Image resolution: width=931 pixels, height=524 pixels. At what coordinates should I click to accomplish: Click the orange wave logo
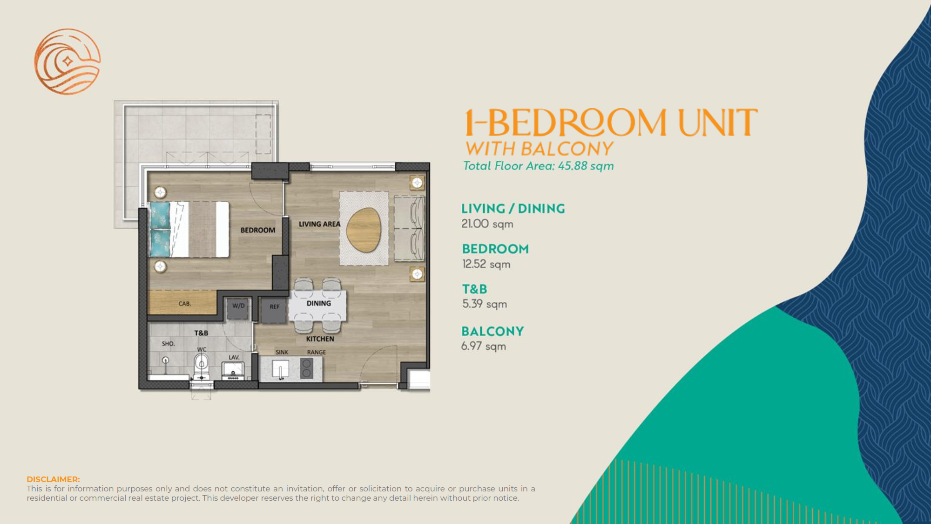pyautogui.click(x=67, y=61)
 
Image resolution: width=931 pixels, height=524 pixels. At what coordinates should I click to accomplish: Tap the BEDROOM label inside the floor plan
pyautogui.click(x=257, y=230)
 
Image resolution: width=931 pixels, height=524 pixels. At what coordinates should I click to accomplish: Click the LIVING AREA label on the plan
pyautogui.click(x=319, y=224)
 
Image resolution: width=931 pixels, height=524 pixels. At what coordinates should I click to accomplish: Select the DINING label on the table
pyautogui.click(x=319, y=303)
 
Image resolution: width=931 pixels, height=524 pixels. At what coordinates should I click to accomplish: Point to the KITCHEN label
pyautogui.click(x=320, y=339)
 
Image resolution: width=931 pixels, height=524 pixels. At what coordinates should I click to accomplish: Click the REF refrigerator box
pyautogui.click(x=274, y=310)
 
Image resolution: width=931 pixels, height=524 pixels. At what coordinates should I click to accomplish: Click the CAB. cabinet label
pyautogui.click(x=185, y=304)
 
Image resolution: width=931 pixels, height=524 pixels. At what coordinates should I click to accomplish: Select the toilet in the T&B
pyautogui.click(x=201, y=366)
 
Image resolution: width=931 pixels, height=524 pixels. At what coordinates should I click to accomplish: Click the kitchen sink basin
pyautogui.click(x=280, y=370)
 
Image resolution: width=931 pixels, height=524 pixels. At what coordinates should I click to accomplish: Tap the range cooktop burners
pyautogui.click(x=306, y=368)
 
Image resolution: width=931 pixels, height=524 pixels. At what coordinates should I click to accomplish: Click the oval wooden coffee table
pyautogui.click(x=364, y=230)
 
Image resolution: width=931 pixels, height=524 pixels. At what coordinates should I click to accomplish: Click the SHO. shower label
pyautogui.click(x=168, y=344)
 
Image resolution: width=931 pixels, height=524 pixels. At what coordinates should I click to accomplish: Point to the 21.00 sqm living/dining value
pyautogui.click(x=487, y=224)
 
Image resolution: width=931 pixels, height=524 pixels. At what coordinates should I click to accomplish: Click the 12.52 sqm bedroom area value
pyautogui.click(x=486, y=264)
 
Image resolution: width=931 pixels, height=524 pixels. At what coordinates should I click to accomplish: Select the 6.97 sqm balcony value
pyautogui.click(x=483, y=346)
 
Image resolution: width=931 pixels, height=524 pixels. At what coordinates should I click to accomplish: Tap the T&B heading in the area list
pyautogui.click(x=474, y=289)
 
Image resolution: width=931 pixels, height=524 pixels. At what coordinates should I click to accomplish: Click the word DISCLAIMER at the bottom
pyautogui.click(x=53, y=479)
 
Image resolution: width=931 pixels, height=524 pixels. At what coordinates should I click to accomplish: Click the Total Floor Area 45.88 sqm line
pyautogui.click(x=538, y=166)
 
